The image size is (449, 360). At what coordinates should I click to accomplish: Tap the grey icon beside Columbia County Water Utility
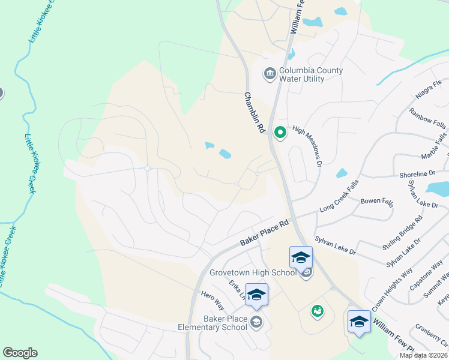coord(270,74)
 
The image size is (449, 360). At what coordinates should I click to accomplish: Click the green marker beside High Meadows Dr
coord(279,133)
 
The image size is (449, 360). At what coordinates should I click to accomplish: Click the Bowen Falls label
coord(376,201)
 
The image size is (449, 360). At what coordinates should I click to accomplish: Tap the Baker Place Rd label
coord(265,233)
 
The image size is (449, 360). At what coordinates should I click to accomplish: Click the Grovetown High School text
coord(253,272)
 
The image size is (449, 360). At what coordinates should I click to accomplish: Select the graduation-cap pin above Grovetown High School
coord(301,257)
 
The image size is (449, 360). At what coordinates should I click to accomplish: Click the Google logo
coord(20,353)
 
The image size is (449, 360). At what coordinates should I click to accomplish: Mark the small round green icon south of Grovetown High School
coord(316,311)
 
